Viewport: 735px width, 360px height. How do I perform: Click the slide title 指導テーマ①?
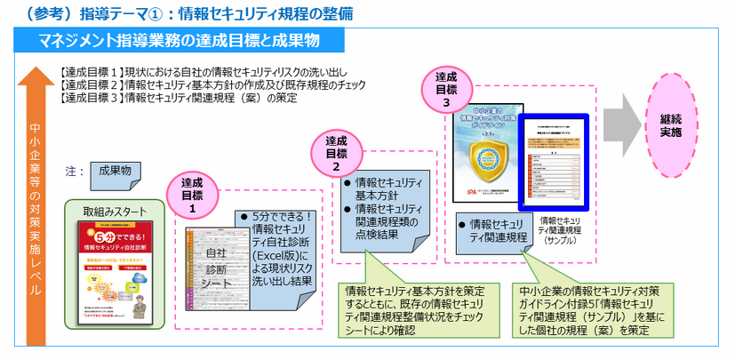[x=178, y=12]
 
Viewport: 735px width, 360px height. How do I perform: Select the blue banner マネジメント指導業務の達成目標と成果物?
[x=179, y=41]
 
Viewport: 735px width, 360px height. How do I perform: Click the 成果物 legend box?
[x=115, y=171]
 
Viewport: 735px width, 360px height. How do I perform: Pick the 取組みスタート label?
[x=113, y=212]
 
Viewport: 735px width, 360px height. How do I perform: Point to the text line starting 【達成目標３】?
[x=179, y=98]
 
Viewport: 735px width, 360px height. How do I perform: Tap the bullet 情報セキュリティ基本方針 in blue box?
[x=387, y=188]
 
